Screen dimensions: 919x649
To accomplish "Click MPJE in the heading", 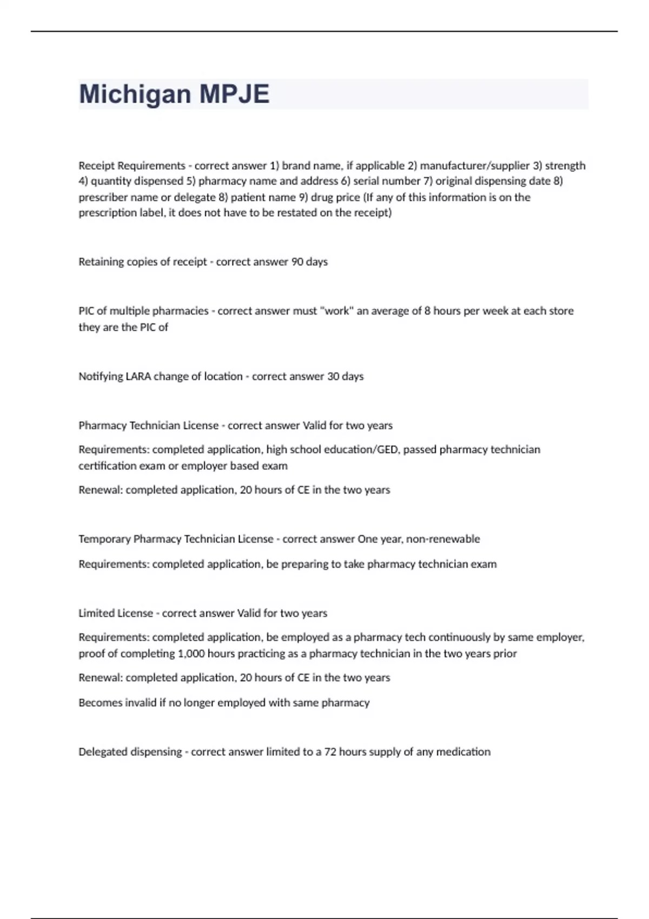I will (x=234, y=94).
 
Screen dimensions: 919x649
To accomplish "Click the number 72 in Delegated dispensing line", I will (x=330, y=752).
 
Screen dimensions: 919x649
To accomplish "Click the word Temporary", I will (x=104, y=539).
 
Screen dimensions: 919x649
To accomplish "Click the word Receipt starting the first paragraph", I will (x=97, y=165).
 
